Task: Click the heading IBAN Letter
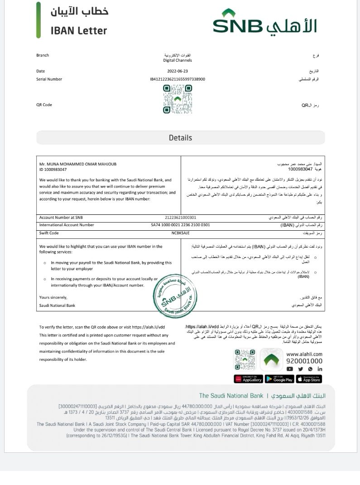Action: [x=79, y=31]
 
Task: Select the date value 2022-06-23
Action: [x=178, y=71]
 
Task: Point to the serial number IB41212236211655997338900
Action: [x=178, y=79]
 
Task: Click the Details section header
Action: [x=180, y=138]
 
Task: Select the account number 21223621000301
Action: [x=178, y=218]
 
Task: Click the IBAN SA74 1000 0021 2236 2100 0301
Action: [x=180, y=225]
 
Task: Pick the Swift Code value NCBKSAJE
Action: [x=180, y=233]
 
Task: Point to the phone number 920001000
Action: [x=304, y=361]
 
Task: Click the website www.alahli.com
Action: [x=304, y=354]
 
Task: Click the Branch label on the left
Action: [x=43, y=56]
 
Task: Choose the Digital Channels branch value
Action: [x=178, y=60]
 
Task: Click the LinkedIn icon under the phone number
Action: [x=320, y=369]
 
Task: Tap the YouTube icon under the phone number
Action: [x=290, y=369]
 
